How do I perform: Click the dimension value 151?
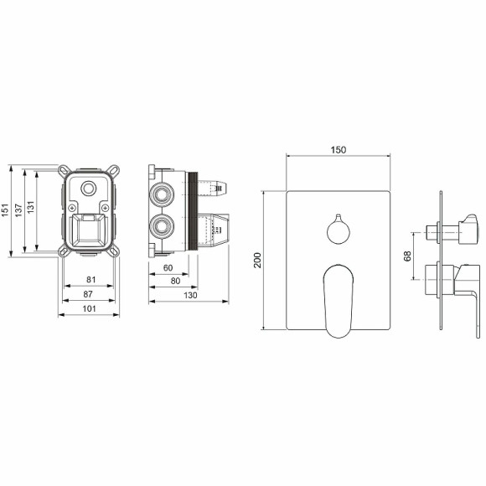pos(8,209)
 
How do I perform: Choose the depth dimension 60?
pos(168,268)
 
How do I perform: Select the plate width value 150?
pos(339,150)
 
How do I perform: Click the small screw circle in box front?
pos(75,207)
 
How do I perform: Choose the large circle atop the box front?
pos(90,188)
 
